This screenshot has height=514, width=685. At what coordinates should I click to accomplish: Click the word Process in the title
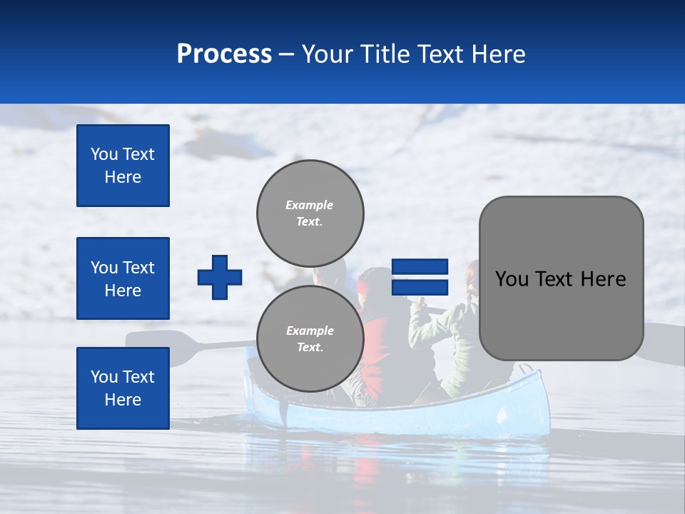224,54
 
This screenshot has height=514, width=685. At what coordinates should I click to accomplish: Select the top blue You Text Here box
123,166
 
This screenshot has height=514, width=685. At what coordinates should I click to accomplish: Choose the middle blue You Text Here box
123,278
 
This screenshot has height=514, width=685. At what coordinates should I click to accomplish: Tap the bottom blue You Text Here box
123,388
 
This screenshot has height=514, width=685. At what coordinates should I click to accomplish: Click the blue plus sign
220,277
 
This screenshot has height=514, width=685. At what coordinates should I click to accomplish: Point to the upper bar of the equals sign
420,267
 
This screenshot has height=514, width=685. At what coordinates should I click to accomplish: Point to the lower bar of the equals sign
420,287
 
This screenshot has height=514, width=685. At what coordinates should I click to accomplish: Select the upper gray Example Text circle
310,213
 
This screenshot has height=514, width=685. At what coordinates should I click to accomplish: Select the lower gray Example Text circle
310,338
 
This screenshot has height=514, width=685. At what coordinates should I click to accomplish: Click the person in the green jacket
450,336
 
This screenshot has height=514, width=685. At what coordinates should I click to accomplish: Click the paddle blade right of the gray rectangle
664,343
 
